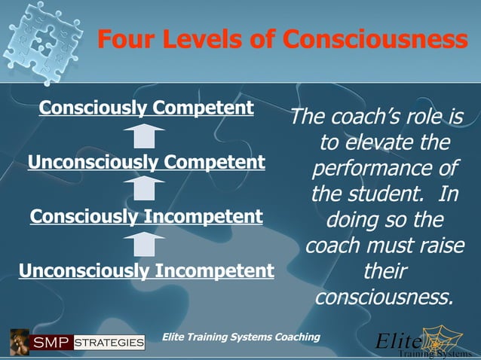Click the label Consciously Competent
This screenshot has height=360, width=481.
coord(146,108)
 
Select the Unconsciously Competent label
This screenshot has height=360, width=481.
coord(146,162)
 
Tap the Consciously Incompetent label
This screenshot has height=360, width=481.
coord(146,217)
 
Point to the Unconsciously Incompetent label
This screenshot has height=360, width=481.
coord(146,270)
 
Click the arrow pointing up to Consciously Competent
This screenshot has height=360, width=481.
coord(145,136)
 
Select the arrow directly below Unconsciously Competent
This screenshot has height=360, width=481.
coord(145,189)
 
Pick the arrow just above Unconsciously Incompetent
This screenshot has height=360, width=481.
coord(145,244)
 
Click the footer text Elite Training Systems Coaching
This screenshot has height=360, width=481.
coord(241,337)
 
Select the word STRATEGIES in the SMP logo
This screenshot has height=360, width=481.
coord(109,343)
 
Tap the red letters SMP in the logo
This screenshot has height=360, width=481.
coord(51,343)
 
